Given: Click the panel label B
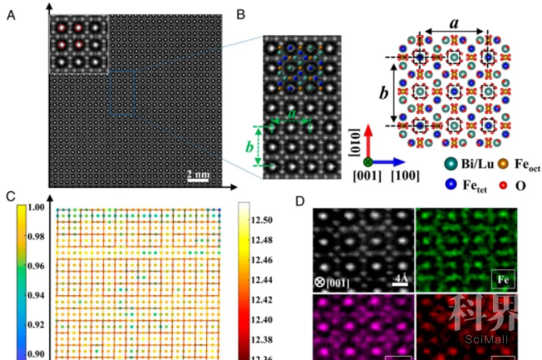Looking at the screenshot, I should [x=240, y=14].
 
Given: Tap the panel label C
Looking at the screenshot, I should [x=9, y=196].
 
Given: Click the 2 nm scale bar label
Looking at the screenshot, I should [x=198, y=173].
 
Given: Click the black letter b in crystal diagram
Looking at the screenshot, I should [x=382, y=92].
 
